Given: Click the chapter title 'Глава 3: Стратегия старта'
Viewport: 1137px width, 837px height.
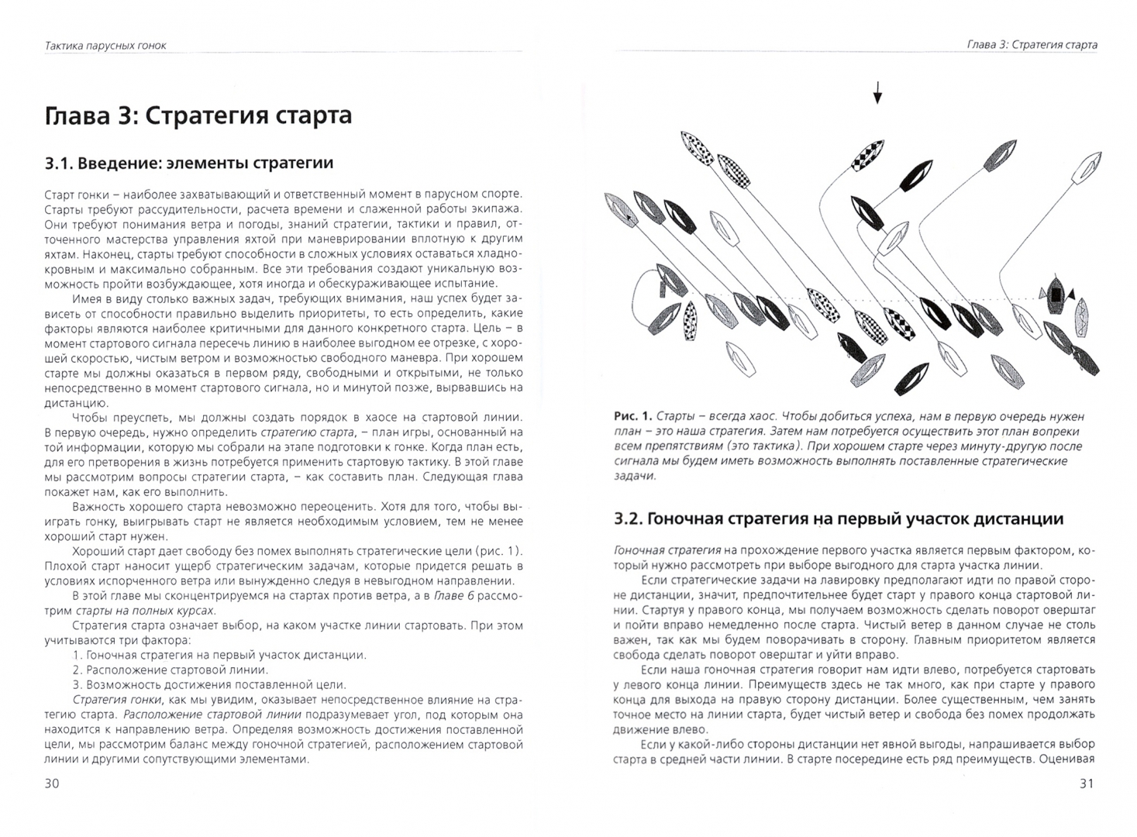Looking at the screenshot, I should point(198,115).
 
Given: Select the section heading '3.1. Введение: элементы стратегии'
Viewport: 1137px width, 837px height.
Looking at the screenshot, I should point(189,163).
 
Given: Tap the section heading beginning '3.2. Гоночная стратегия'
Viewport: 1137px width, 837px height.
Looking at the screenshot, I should point(838,518).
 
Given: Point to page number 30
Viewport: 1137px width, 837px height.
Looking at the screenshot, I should point(52,784).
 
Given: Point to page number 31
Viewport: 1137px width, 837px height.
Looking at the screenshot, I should point(1086,784).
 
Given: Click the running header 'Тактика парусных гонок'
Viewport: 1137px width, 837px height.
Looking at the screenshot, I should point(106,46).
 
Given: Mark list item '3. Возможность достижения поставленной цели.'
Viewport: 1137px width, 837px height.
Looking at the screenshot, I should point(209,685).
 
